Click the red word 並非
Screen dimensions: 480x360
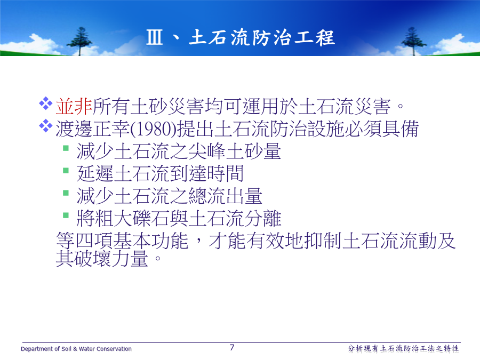tap(74, 107)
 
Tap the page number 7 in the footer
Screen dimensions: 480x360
tap(232, 347)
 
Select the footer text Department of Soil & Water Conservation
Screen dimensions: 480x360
tap(76, 349)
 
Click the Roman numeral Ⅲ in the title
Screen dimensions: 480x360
tap(154, 37)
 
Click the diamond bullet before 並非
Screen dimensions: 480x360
tap(46, 103)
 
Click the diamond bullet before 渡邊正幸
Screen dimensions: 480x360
tap(46, 125)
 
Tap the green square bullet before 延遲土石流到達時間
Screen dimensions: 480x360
tap(66, 170)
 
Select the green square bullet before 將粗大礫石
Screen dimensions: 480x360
tap(66, 215)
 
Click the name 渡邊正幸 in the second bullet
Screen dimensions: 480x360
tap(93, 129)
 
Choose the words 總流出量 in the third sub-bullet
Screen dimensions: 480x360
tap(225, 196)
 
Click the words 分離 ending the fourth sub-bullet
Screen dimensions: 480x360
tap(262, 219)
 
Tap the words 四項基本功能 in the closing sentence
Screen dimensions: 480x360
tap(132, 241)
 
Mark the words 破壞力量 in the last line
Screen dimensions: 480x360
tap(111, 259)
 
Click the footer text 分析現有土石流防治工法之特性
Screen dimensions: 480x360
tap(404, 349)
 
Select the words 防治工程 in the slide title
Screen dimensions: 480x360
tap(293, 37)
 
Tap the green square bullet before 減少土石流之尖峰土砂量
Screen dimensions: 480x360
tap(66, 148)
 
